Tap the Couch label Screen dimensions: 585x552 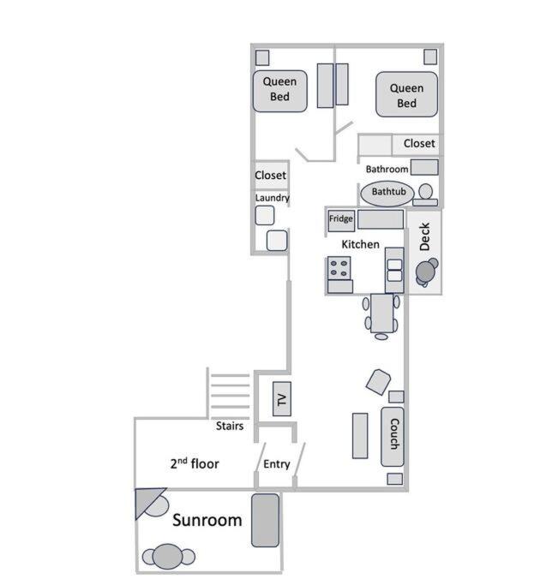393,435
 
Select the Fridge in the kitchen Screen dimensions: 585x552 340,220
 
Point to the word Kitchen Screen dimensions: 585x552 360,245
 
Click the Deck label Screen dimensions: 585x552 424,237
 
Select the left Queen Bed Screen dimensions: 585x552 279,90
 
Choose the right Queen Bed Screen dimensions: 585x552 406,95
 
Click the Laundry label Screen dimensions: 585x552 273,199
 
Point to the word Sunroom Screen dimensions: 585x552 207,521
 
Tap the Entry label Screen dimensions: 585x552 277,465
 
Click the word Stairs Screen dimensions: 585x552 229,426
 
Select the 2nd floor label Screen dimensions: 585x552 195,464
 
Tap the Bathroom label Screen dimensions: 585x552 387,170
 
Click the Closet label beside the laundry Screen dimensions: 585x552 270,176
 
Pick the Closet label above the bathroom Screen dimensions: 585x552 419,144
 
